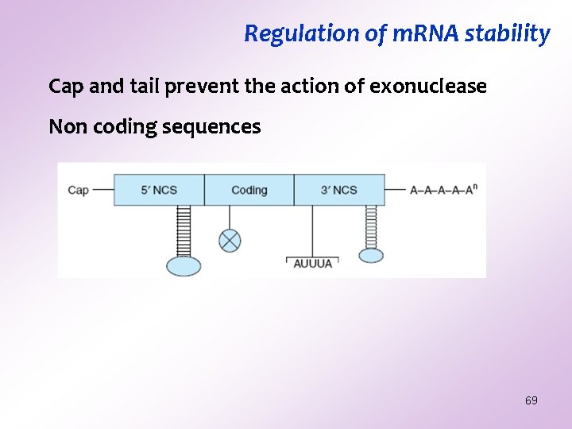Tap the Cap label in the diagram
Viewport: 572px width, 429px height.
point(78,190)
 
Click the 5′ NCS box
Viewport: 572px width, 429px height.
point(159,190)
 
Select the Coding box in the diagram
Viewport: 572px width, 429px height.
point(249,190)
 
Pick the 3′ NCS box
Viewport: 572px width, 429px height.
point(339,190)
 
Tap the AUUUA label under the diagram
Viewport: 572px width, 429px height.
point(312,263)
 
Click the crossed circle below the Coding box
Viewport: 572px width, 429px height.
point(230,240)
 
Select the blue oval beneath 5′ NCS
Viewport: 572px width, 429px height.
point(184,265)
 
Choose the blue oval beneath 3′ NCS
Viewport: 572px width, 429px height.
point(371,255)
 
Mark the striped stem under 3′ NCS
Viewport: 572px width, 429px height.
point(371,226)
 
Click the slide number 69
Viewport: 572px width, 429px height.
point(531,400)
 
